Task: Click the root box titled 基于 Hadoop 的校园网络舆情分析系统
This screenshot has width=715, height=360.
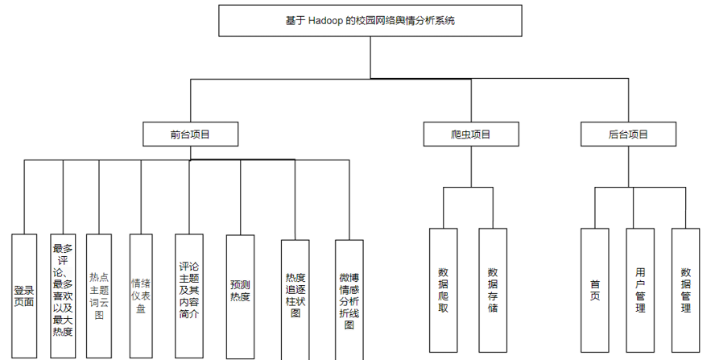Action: [370, 21]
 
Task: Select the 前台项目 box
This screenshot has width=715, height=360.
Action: [190, 134]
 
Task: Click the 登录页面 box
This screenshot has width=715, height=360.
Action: [24, 296]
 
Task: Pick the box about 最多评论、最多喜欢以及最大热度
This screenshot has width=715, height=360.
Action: [62, 291]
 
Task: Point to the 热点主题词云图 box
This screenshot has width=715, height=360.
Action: [99, 295]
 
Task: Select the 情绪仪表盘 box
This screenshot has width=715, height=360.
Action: [140, 295]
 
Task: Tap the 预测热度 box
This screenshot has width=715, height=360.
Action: [240, 296]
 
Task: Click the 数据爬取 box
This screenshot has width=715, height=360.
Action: [443, 290]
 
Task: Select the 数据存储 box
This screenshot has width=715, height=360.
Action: [492, 290]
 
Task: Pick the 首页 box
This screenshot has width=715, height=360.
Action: [595, 290]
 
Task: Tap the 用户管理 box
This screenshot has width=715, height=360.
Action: [640, 290]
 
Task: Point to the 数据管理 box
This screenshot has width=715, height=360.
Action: [686, 290]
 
